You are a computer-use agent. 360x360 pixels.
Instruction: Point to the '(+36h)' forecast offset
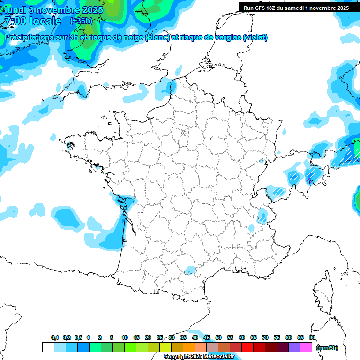pyautogui.click(x=81, y=21)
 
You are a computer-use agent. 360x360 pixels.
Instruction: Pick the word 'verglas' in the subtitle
pyautogui.click(x=226, y=37)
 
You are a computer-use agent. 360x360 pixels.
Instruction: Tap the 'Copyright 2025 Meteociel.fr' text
pyautogui.click(x=199, y=357)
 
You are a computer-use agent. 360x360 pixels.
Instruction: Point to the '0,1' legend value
pyautogui.click(x=55, y=338)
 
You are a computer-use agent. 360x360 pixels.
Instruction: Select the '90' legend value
pyautogui.click(x=312, y=338)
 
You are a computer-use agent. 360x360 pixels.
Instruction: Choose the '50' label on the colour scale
pyautogui.click(x=218, y=338)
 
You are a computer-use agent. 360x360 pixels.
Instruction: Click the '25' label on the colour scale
pyautogui.click(x=160, y=338)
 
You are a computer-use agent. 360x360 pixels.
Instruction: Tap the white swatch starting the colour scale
pyautogui.click(x=48, y=347)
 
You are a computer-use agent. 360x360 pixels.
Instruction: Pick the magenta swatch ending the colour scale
pyautogui.click(x=306, y=347)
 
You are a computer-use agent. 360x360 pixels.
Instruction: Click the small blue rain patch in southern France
pyautogui.click(x=190, y=270)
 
